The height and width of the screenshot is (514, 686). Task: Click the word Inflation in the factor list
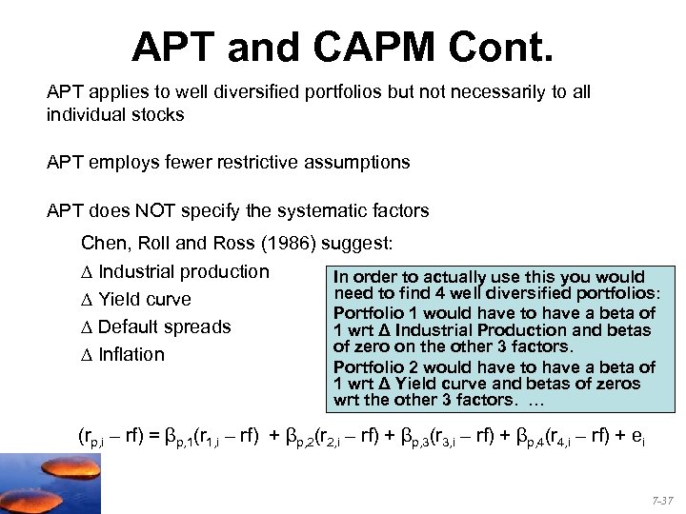pyautogui.click(x=131, y=355)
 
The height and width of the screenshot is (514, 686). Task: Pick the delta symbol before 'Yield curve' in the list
pyautogui.click(x=88, y=300)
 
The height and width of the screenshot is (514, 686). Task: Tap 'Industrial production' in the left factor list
pyautogui.click(x=184, y=272)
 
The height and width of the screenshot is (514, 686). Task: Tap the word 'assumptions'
pyautogui.click(x=356, y=163)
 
